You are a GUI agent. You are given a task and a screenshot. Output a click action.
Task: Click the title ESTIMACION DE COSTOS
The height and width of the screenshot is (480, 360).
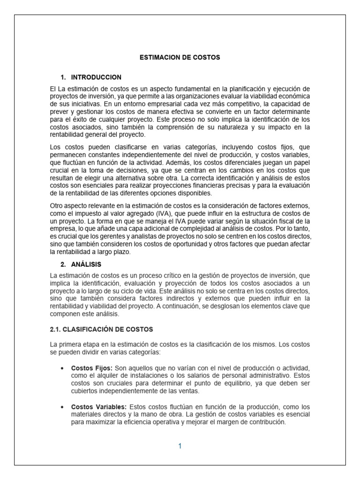point(180,57)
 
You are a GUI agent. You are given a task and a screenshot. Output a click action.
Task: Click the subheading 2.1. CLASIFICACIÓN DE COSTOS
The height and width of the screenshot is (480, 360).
point(101,330)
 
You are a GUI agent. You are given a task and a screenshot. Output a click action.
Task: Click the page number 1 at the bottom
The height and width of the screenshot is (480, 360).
point(180,446)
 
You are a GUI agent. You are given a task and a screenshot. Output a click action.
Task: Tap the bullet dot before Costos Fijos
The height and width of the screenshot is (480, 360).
point(62,368)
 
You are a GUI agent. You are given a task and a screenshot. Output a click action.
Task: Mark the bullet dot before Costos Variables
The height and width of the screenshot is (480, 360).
point(62,407)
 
